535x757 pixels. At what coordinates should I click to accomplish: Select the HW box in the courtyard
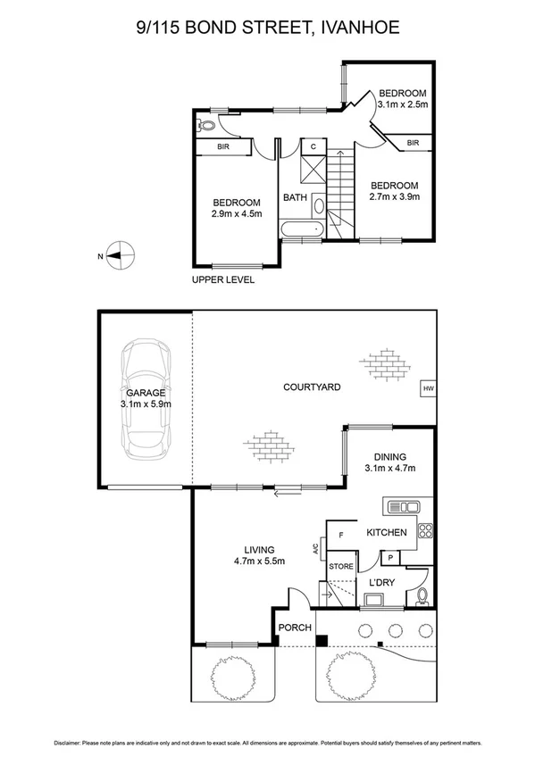(429, 388)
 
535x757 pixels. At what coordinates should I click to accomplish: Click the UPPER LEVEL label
(223, 279)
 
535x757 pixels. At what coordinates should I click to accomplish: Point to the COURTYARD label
(312, 387)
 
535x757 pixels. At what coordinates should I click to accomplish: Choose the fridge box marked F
(341, 536)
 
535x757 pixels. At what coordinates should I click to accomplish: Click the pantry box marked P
(390, 557)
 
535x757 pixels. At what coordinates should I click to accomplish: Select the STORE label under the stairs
(341, 566)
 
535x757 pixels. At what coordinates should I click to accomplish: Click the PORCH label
(294, 628)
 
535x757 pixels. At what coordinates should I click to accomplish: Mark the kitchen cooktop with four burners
(425, 532)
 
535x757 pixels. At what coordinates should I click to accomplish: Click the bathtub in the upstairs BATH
(301, 231)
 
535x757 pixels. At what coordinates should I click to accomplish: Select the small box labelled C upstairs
(314, 147)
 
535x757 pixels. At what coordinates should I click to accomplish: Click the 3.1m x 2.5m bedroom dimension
(403, 104)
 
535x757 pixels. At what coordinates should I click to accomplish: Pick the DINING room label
(390, 454)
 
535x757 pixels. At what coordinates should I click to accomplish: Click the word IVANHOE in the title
(363, 29)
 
